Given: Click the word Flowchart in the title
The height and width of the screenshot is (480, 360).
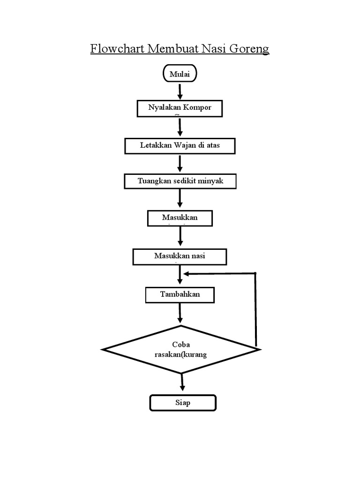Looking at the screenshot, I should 118,49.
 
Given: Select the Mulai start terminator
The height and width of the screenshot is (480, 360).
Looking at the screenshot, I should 180,74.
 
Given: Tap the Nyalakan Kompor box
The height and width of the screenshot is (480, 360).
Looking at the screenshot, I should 180,108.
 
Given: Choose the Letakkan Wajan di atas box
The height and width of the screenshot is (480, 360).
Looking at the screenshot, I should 180,146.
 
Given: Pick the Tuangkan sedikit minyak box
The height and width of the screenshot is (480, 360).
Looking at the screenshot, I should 180,181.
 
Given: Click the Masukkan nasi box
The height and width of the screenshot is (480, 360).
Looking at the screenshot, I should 180,256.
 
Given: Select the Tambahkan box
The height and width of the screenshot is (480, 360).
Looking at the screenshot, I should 180,295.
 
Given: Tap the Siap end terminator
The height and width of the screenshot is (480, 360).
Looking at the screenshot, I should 183,403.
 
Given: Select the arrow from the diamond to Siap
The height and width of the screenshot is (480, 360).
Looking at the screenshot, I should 182,382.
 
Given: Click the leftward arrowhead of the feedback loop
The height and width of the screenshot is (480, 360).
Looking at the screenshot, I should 187,273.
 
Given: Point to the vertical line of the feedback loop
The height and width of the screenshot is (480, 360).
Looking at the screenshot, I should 256,309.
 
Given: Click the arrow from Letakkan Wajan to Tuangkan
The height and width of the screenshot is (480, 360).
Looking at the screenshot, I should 180,163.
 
